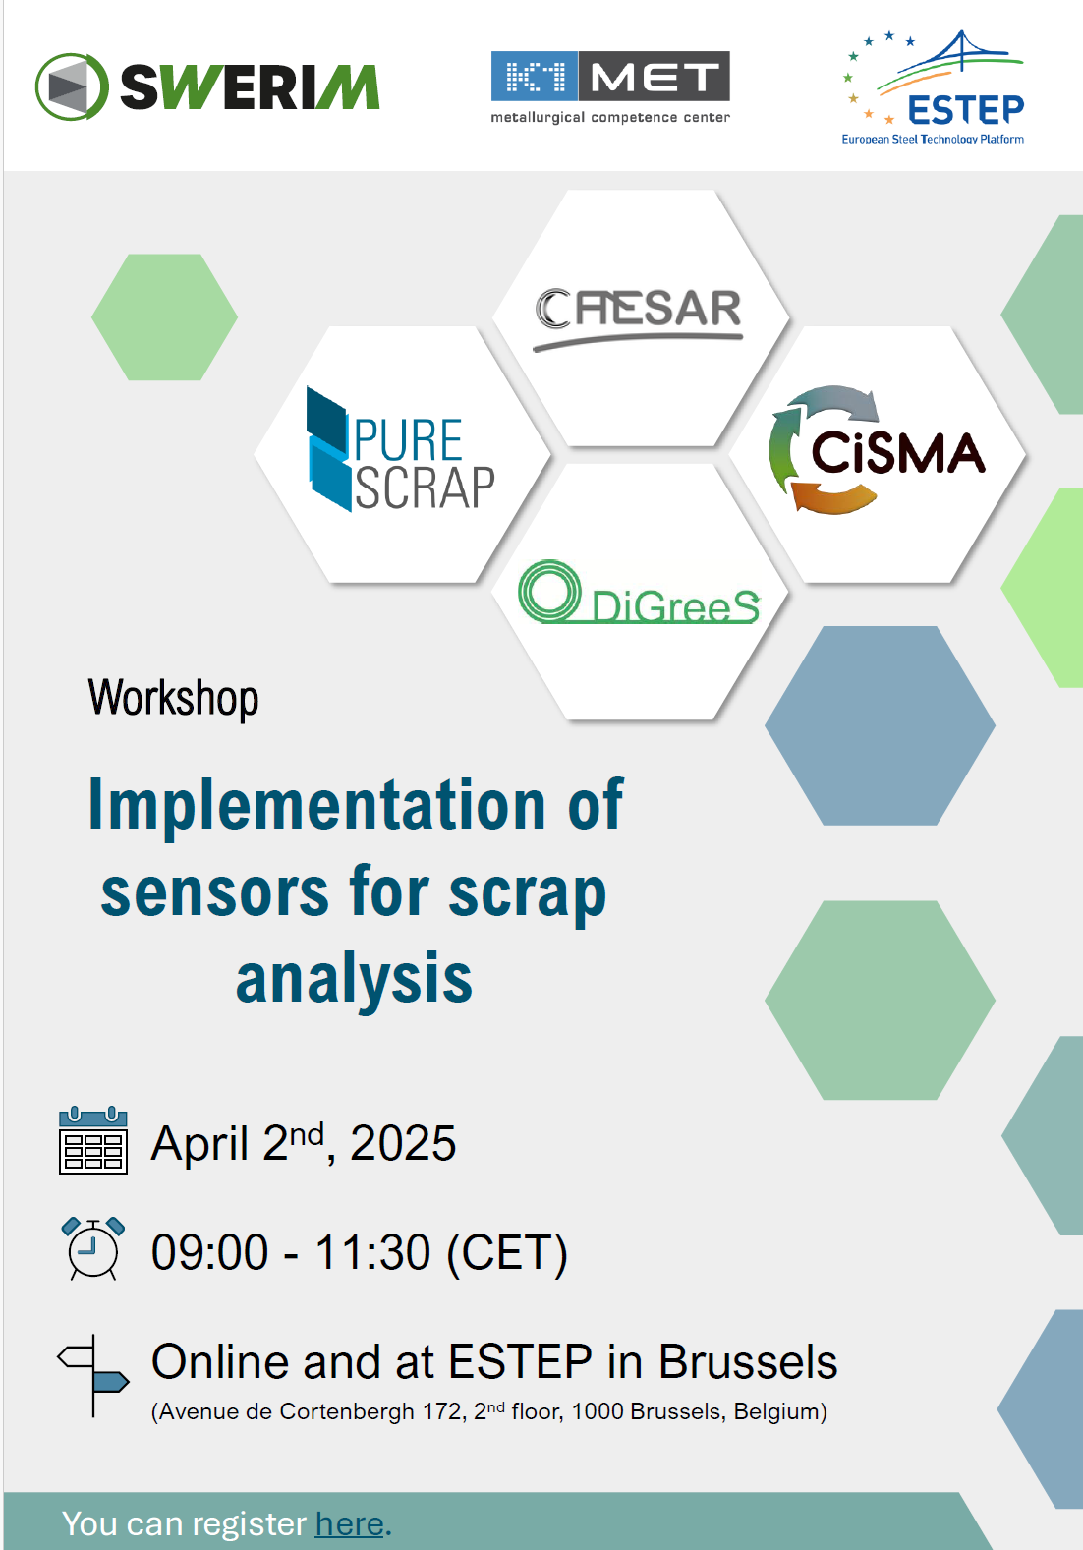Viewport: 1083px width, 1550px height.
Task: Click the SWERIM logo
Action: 207,86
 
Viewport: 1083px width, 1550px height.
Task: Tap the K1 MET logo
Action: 610,87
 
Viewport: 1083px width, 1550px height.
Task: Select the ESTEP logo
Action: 933,87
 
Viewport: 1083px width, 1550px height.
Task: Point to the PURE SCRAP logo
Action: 401,449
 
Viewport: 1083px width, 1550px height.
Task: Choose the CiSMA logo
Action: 877,450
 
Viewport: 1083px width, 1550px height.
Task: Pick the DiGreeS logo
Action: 639,593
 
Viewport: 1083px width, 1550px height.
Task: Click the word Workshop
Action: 173,698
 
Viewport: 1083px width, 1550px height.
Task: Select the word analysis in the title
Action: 355,979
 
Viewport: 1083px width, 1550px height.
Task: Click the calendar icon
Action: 93,1140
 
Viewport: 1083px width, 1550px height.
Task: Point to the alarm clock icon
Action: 93,1249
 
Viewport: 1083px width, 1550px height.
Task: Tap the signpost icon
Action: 92,1376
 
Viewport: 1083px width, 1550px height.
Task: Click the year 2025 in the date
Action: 403,1143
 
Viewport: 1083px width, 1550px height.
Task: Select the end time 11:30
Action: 372,1252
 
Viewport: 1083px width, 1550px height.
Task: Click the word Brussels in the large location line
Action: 747,1362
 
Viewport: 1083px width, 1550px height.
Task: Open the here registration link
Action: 350,1523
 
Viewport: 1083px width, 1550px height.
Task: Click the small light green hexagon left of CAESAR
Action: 165,316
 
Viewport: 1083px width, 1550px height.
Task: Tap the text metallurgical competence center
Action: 610,118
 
